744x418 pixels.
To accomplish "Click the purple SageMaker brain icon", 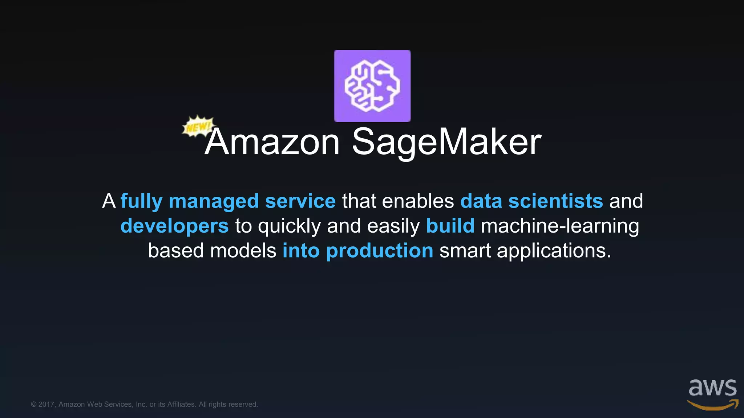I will [372, 86].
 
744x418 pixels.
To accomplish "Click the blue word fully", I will [141, 201].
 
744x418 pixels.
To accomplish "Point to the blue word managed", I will [214, 201].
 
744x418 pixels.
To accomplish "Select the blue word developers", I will [174, 226].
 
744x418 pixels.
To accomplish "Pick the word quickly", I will [289, 226].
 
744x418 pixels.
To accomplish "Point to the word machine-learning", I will [560, 226].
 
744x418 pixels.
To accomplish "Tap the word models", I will [243, 250].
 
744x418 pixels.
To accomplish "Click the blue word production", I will [380, 251].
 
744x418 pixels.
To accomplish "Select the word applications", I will [554, 251].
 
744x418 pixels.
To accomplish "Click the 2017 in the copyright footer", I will [46, 404].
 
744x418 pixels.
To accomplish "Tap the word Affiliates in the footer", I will [181, 404].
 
